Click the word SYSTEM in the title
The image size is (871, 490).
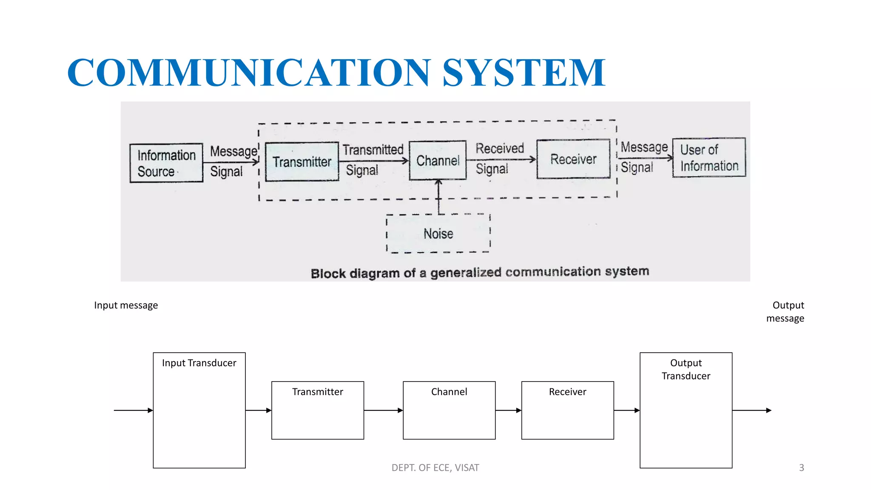(x=524, y=72)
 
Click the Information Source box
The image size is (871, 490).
(x=166, y=163)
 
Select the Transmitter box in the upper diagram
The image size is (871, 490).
(x=302, y=162)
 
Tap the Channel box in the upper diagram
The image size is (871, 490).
(x=438, y=160)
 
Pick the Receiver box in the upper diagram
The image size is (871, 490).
(x=573, y=159)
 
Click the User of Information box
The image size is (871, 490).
(x=709, y=157)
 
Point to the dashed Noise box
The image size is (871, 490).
(x=438, y=234)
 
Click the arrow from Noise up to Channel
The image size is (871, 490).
(x=439, y=197)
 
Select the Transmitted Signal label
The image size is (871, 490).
(x=373, y=160)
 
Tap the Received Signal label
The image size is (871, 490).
(x=499, y=159)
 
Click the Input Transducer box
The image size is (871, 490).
(x=199, y=410)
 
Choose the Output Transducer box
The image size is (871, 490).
(x=686, y=410)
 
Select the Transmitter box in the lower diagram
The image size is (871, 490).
(x=318, y=410)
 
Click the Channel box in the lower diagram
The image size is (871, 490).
(x=449, y=410)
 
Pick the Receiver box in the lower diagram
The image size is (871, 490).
(x=567, y=410)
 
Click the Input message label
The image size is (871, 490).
(x=126, y=305)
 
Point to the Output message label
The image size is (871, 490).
(x=786, y=312)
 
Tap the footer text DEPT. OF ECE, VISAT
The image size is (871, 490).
(x=435, y=468)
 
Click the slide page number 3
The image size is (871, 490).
(x=801, y=468)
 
